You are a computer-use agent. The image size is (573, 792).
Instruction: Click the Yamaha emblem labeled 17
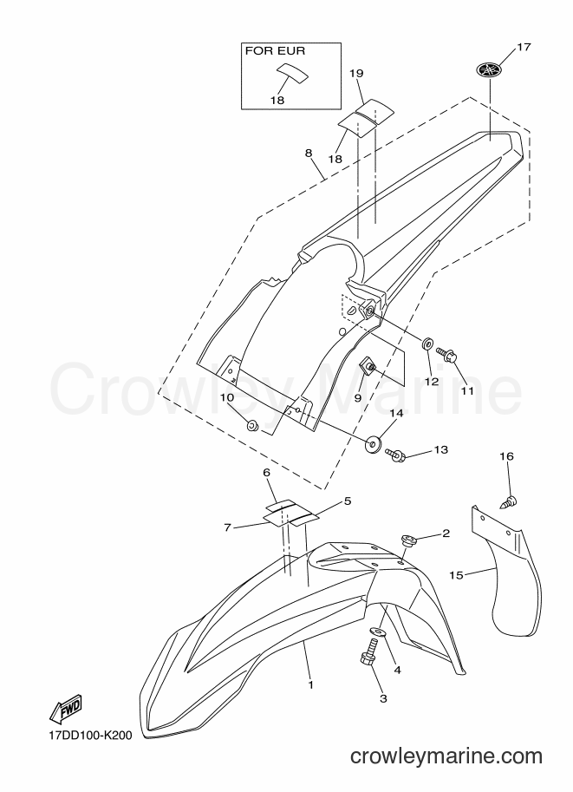(490, 69)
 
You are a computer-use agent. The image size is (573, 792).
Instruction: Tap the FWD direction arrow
(65, 710)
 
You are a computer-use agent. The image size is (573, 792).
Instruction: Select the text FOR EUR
(275, 51)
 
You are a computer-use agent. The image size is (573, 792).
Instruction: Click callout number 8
(309, 153)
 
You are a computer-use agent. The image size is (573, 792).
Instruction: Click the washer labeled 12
(426, 344)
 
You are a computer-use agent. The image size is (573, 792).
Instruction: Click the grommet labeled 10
(252, 425)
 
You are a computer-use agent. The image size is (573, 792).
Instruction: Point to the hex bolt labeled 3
(368, 651)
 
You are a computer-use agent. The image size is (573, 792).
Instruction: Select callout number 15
(456, 575)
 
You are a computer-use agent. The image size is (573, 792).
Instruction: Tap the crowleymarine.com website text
(446, 756)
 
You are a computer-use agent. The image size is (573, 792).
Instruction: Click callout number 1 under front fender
(311, 685)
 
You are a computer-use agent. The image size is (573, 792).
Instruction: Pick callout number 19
(356, 74)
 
